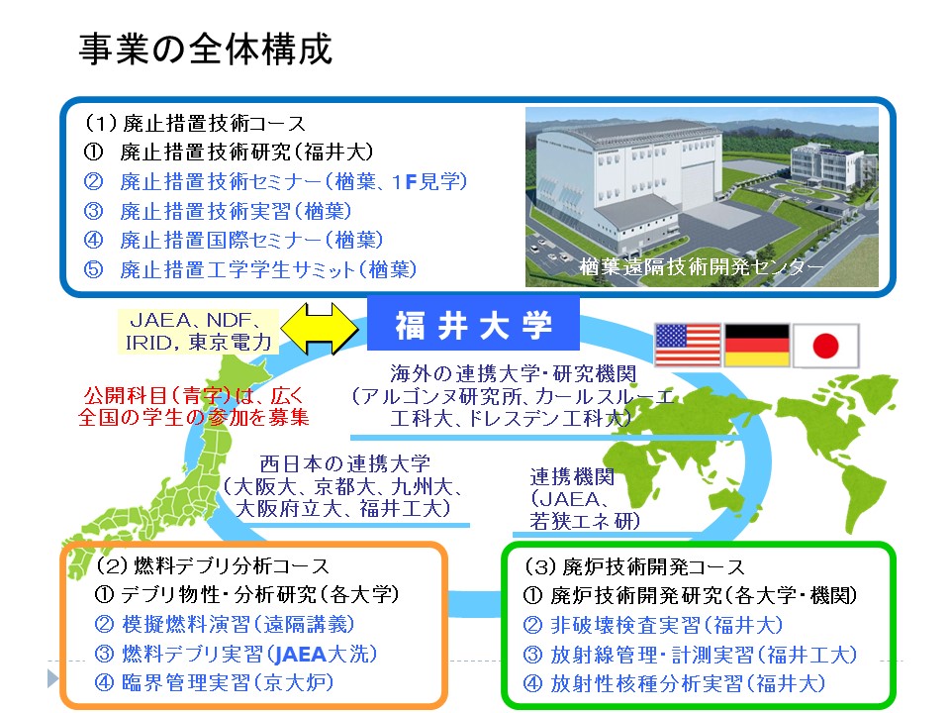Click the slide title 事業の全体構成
206,50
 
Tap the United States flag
688,345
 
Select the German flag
757,345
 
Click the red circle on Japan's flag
825,346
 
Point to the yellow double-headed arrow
320,329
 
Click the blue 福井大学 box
473,325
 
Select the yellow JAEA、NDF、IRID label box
199,331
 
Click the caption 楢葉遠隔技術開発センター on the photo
701,266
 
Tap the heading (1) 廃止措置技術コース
195,123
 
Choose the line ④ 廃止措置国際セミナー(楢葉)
234,240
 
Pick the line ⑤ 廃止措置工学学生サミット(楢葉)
250,269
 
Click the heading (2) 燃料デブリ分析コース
213,565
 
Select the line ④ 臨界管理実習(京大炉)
214,682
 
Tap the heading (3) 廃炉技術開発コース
634,566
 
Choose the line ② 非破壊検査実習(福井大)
653,625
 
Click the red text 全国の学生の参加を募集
194,417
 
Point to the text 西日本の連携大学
344,463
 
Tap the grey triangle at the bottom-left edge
52,677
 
